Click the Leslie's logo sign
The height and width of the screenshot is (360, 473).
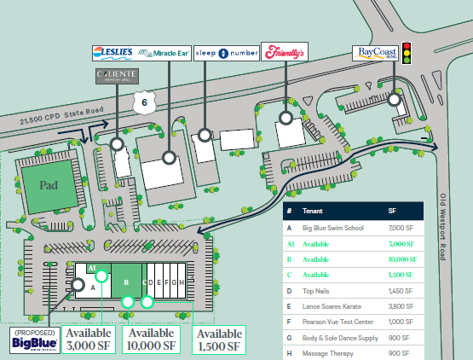pyautogui.click(x=112, y=53)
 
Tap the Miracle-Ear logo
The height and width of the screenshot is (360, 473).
pyautogui.click(x=164, y=53)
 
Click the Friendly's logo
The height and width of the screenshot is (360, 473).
pyautogui.click(x=285, y=53)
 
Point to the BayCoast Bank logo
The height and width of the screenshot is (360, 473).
pyautogui.click(x=377, y=54)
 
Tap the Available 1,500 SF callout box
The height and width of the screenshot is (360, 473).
pyautogui.click(x=220, y=340)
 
